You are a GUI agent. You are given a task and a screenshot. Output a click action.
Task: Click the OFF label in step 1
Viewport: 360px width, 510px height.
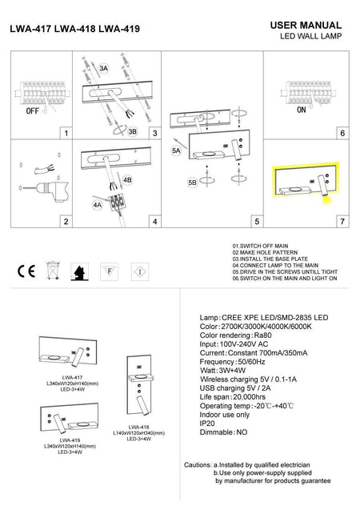coord(33,113)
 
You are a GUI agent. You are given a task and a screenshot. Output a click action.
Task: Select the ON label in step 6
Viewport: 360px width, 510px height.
coord(302,113)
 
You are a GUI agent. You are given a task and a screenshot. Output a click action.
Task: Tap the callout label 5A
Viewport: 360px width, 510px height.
coord(175,150)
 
